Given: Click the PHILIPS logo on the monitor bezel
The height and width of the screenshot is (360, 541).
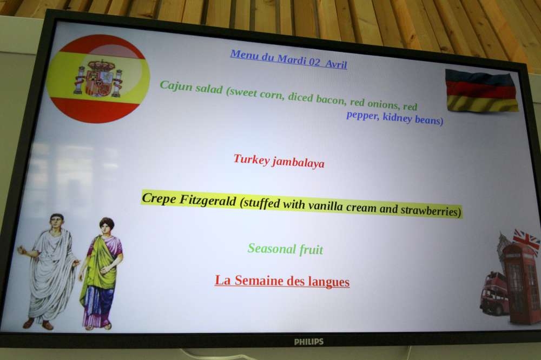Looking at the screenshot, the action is pos(309,342).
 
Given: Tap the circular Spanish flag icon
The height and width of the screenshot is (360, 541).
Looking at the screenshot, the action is pos(98,78).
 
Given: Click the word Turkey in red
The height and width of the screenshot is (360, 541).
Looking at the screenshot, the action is pos(252,159).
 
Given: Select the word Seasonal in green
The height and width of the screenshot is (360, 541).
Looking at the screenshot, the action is pos(272,248).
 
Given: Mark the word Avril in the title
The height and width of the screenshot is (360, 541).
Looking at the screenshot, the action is pos(336,64).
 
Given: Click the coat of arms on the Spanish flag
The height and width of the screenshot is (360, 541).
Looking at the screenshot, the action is pos(98,78).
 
